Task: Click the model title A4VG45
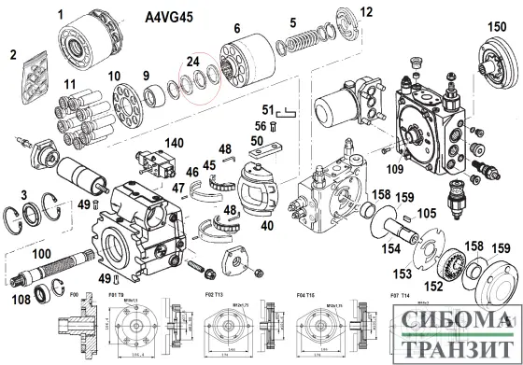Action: [174, 17]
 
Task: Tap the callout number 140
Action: [174, 143]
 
